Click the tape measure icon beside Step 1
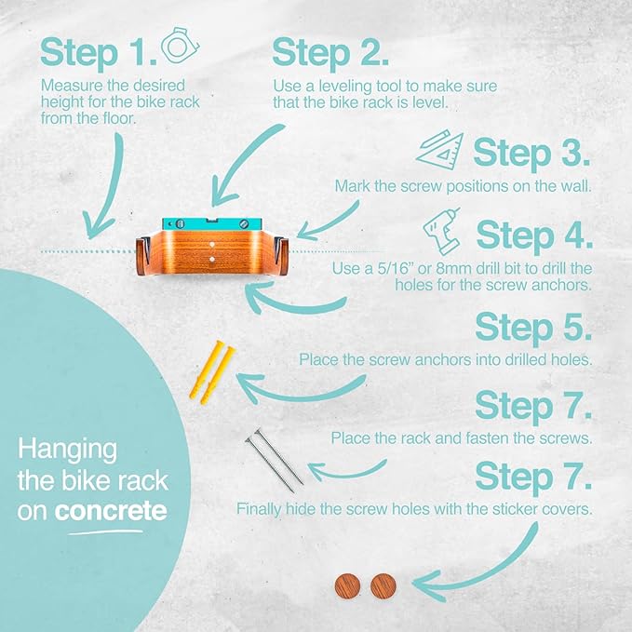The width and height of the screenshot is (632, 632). click(181, 45)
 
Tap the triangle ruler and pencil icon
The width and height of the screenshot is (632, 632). click(439, 150)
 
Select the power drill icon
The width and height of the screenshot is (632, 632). click(442, 232)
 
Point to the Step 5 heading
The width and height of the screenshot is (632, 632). click(533, 328)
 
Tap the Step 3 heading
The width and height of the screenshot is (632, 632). click(531, 153)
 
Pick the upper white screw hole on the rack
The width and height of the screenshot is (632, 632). click(212, 245)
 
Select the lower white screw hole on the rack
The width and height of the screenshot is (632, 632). click(212, 260)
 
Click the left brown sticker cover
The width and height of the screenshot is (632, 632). click(347, 586)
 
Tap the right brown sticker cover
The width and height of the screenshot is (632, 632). click(383, 586)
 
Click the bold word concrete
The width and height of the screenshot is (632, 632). click(111, 512)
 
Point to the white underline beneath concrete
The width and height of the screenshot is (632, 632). click(105, 532)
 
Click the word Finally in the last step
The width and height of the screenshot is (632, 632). click(259, 509)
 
